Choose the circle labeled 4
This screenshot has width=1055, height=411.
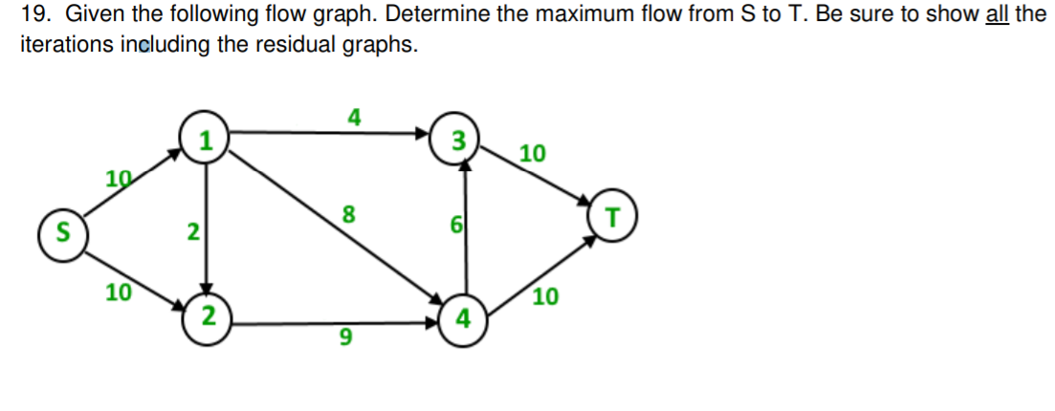coord(463,317)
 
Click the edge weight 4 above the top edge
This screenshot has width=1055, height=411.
coord(354,119)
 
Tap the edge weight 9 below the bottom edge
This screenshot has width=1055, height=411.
coord(345,337)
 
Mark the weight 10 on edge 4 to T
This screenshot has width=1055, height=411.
coord(544,297)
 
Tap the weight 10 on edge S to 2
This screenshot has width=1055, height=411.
coord(119,292)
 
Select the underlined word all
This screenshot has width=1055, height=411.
coord(996,17)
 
